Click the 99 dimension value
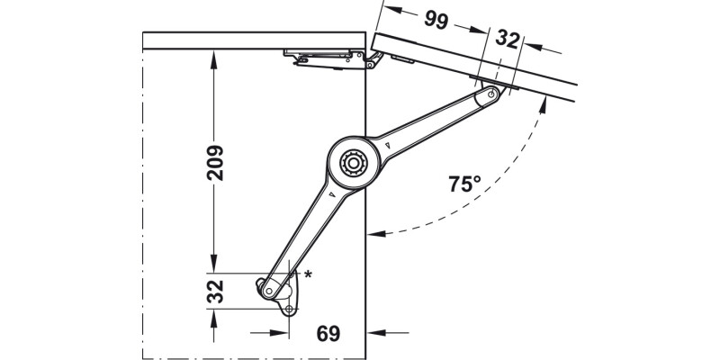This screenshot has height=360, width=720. [436, 19]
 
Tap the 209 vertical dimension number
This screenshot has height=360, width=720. [215, 163]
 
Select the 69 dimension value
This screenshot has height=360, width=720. [328, 334]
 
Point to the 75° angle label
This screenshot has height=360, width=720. [464, 184]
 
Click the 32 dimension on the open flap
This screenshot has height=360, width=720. [508, 40]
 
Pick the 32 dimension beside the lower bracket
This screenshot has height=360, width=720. [215, 292]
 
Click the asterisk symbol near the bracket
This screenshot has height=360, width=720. [308, 274]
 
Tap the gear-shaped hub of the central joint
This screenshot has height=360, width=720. [353, 163]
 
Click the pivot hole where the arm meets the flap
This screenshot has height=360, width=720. [492, 95]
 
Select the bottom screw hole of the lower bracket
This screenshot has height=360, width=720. [289, 310]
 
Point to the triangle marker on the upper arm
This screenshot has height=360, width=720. [388, 146]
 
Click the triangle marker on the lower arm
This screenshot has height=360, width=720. [332, 193]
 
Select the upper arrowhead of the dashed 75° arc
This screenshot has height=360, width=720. [544, 105]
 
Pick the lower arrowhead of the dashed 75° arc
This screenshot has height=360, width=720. [376, 234]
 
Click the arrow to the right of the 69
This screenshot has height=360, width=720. [388, 332]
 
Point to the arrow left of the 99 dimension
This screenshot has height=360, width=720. [394, 9]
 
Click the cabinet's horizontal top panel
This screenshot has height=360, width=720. [254, 40]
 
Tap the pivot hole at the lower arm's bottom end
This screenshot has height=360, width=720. [268, 291]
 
